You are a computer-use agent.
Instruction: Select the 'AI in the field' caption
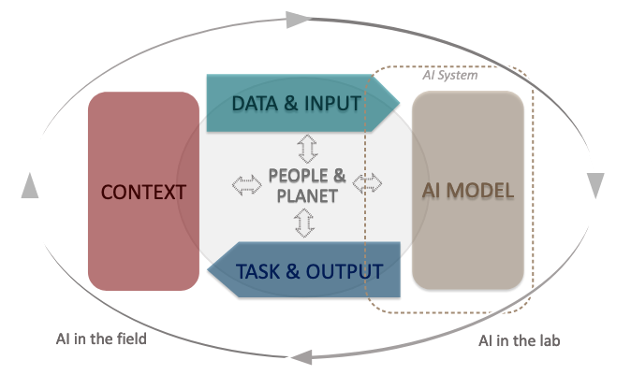coord(100,338)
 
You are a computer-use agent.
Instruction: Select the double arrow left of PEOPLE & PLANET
coord(247,185)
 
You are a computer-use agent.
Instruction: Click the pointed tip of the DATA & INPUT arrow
coord(397,103)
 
